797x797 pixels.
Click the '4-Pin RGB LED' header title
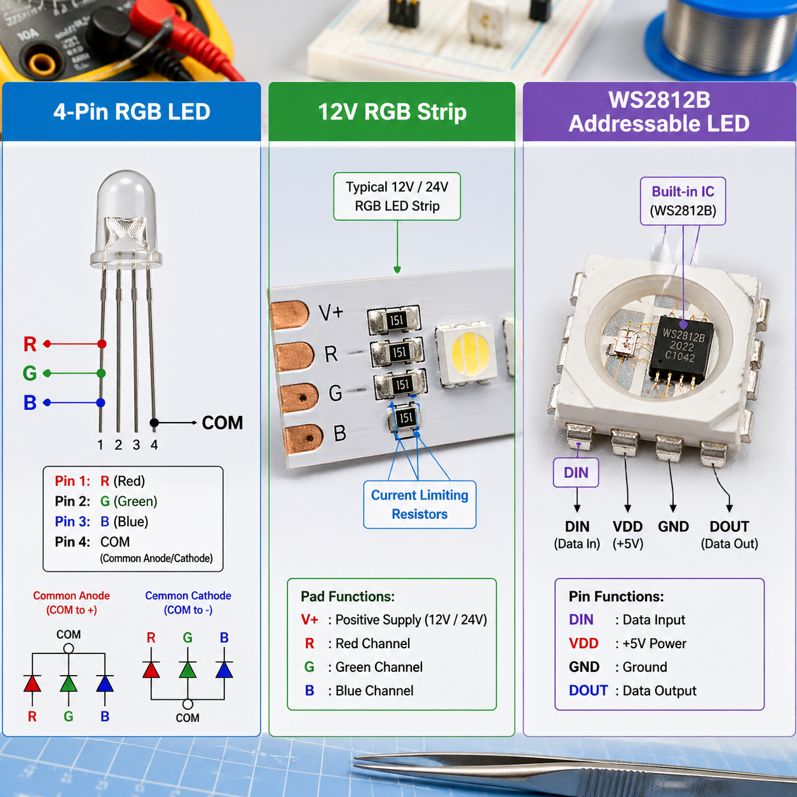click(132, 112)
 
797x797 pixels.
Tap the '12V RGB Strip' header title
click(392, 112)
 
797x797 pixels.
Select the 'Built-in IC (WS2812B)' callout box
click(683, 201)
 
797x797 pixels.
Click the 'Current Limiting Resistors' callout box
click(419, 505)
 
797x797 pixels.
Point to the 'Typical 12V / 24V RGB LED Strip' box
click(397, 196)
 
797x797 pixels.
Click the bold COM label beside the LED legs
click(222, 423)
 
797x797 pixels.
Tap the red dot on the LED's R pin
click(102, 344)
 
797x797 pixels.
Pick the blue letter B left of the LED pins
click(30, 403)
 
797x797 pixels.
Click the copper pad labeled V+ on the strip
click(291, 315)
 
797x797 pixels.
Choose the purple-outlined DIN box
click(576, 473)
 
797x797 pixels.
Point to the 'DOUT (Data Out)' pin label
click(729, 534)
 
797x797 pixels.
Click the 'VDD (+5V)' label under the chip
click(627, 534)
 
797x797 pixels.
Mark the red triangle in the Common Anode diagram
click(32, 683)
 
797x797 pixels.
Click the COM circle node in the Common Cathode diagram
click(187, 704)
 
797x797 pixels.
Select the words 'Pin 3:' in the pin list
click(72, 522)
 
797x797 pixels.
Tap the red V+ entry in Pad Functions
click(310, 620)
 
